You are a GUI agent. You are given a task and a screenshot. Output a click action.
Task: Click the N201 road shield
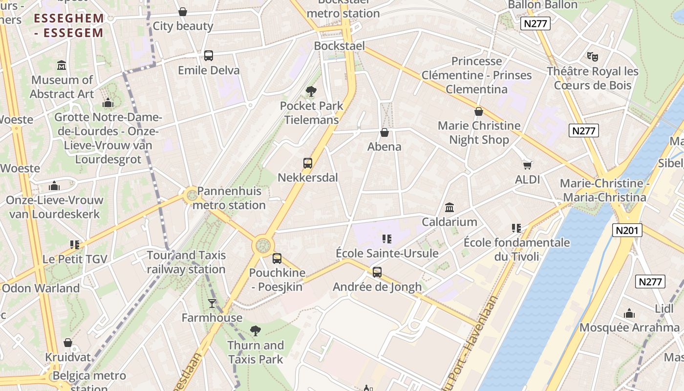coord(627,230)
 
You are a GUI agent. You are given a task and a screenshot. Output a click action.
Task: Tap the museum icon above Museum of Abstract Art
coord(62,65)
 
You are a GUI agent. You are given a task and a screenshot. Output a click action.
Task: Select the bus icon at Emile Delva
coord(209,56)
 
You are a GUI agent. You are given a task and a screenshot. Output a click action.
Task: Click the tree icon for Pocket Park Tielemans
coord(311,91)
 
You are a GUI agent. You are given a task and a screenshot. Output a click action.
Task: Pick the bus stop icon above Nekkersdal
coord(307,163)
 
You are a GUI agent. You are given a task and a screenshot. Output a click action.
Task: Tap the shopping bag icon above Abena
coord(385,132)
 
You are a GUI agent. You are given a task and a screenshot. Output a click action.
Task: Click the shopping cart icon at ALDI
coord(527,165)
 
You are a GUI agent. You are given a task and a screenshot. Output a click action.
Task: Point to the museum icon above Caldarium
coord(449,207)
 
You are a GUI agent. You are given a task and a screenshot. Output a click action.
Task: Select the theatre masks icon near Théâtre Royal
coord(593,57)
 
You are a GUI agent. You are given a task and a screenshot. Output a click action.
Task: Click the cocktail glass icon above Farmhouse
coord(212,304)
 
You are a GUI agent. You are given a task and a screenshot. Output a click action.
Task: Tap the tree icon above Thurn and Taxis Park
coord(255,331)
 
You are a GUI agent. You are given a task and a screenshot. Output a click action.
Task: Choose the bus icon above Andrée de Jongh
coord(377,272)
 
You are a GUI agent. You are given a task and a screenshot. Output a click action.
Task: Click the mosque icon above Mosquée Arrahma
coord(629,313)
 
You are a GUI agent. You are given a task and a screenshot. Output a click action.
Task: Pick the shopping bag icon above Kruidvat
coord(68,343)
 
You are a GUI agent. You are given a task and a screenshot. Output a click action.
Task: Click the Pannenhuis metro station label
coord(229,198)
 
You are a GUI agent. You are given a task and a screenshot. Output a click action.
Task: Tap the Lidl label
coord(664,308)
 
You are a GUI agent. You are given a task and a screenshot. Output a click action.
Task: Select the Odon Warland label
coord(41,288)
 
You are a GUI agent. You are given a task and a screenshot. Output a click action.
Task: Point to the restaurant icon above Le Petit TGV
coord(75,244)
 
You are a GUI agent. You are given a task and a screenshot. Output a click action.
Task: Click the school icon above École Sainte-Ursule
coord(387,239)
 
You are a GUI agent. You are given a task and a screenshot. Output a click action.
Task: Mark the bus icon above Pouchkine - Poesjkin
coord(277,259)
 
